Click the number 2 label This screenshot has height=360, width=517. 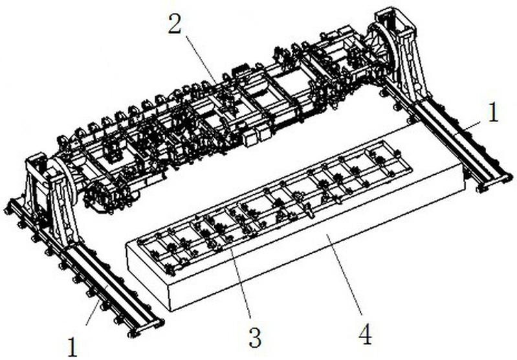tap(175, 24)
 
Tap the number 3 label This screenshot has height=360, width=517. tap(256, 338)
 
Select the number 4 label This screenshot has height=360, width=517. tap(366, 333)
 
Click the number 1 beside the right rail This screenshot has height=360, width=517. tap(492, 113)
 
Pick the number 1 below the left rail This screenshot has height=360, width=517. tap(72, 347)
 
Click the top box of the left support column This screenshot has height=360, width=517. tap(37, 163)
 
